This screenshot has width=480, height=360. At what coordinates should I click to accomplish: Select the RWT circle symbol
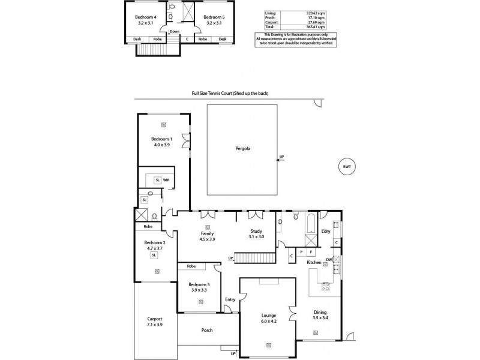[x=346, y=166]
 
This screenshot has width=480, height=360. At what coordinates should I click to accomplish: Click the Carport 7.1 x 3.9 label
[x=155, y=322]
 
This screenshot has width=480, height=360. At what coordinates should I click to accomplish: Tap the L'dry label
[x=326, y=231]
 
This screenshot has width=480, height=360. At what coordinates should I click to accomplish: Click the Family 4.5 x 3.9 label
[x=207, y=236]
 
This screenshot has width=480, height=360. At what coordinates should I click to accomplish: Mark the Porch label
[x=206, y=330]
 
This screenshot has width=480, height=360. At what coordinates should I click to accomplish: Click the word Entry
[x=230, y=299]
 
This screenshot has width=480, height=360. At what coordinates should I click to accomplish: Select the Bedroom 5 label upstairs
[x=214, y=20]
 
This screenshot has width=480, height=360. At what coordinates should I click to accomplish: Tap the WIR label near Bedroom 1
[x=166, y=180]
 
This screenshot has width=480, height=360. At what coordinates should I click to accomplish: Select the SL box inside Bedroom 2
[x=154, y=254]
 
